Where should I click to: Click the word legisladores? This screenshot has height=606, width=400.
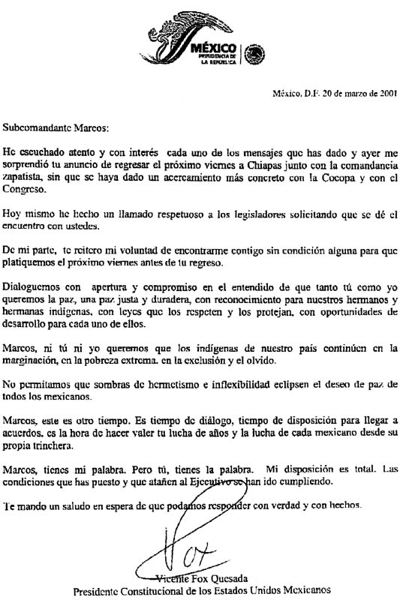coord(241,214)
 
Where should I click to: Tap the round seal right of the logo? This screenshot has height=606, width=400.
coord(255,53)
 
